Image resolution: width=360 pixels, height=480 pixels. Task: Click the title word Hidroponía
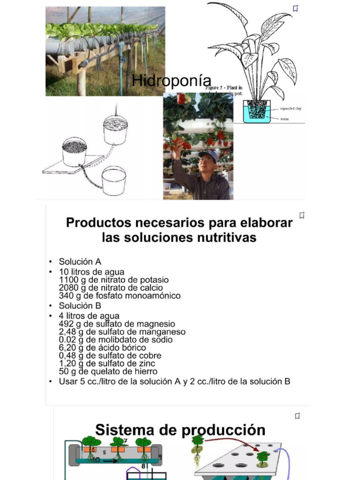[x=172, y=80]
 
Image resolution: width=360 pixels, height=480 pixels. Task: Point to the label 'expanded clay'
[x=291, y=108]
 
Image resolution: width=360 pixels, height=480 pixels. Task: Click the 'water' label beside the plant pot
[x=285, y=119]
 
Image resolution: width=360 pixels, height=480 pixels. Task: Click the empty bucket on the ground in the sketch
[x=114, y=180]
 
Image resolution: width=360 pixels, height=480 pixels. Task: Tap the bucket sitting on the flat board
[x=75, y=151]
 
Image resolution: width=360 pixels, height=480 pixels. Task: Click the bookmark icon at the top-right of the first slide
[x=296, y=8]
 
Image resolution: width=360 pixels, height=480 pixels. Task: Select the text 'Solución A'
[x=80, y=262]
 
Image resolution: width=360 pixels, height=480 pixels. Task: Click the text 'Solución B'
[x=80, y=306]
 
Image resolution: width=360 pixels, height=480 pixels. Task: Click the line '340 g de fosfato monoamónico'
[x=120, y=296]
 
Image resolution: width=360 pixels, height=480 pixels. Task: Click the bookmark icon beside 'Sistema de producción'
[x=297, y=416]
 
